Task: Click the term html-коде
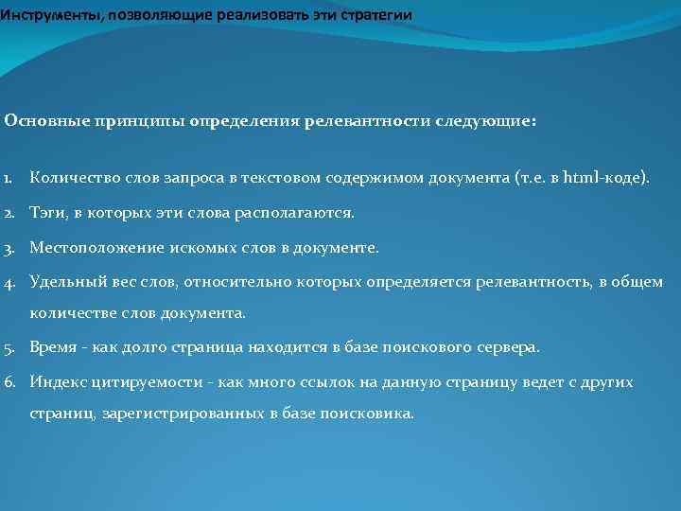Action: (x=606, y=177)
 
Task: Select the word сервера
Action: (x=510, y=347)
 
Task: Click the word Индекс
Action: (x=58, y=382)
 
